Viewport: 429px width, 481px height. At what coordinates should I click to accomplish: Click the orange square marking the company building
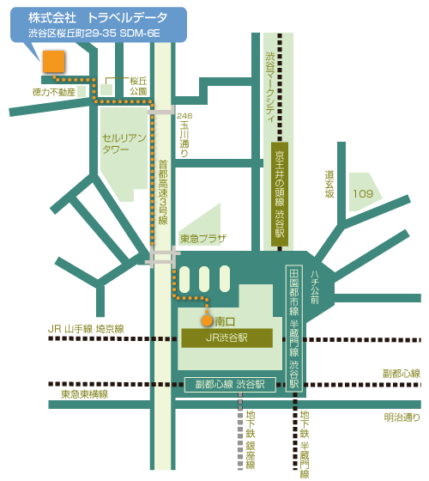pyautogui.click(x=53, y=62)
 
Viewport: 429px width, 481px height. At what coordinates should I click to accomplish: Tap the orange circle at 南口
pyautogui.click(x=207, y=320)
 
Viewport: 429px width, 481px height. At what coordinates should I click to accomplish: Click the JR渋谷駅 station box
pyautogui.click(x=227, y=338)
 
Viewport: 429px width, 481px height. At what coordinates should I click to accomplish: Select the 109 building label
pyautogui.click(x=363, y=193)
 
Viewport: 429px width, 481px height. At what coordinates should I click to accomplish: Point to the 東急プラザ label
pyautogui.click(x=203, y=239)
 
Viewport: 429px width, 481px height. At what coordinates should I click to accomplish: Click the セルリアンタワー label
pyautogui.click(x=124, y=143)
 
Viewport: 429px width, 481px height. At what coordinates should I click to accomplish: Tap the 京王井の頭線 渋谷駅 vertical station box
pyautogui.click(x=280, y=194)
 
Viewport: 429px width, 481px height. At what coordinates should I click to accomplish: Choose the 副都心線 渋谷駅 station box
pyautogui.click(x=230, y=385)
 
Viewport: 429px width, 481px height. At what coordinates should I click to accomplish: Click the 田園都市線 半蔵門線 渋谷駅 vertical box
pyautogui.click(x=294, y=328)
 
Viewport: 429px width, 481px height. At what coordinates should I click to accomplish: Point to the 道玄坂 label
pyautogui.click(x=329, y=184)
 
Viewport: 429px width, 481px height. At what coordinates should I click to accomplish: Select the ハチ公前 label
pyautogui.click(x=315, y=287)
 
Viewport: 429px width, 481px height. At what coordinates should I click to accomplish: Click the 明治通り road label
pyautogui.click(x=402, y=417)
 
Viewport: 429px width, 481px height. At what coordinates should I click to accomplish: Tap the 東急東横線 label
pyautogui.click(x=85, y=394)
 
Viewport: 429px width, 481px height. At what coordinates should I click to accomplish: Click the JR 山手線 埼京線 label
pyautogui.click(x=86, y=329)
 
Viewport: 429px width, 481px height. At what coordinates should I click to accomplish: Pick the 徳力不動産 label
pyautogui.click(x=54, y=92)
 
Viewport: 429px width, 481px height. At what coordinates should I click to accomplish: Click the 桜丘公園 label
pyautogui.click(x=138, y=86)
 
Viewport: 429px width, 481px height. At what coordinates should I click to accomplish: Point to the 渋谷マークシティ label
pyautogui.click(x=270, y=87)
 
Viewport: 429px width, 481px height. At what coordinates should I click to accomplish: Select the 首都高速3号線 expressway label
pyautogui.click(x=163, y=192)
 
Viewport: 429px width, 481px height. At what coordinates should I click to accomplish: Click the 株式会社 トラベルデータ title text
pyautogui.click(x=98, y=18)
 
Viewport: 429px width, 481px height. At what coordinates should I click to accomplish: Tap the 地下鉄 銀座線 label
pyautogui.click(x=251, y=440)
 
